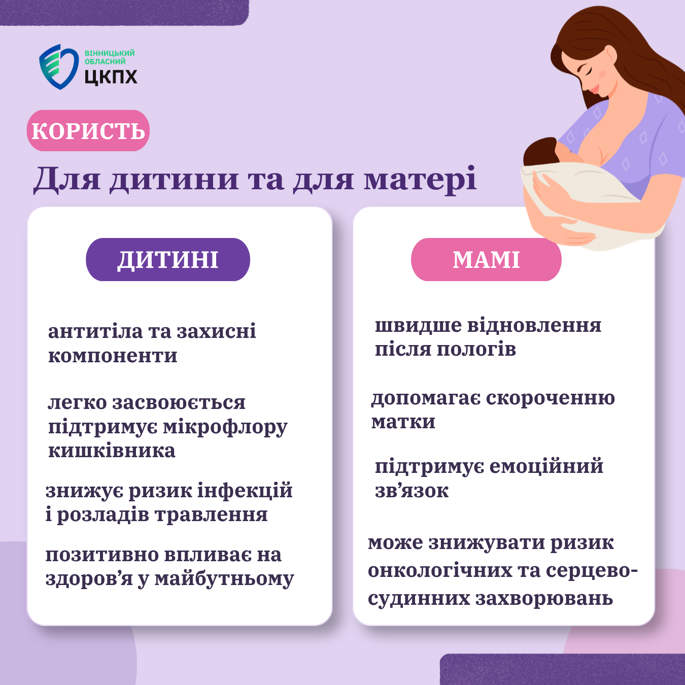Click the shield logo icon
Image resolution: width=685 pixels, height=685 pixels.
[x=59, y=66]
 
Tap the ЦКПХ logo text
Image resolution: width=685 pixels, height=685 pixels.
[x=111, y=77]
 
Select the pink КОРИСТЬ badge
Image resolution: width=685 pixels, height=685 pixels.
[x=88, y=130]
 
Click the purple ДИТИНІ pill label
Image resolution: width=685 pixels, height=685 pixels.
[x=168, y=259]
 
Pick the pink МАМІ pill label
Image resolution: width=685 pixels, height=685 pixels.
[x=486, y=259]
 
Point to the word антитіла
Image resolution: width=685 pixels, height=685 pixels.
[x=94, y=331]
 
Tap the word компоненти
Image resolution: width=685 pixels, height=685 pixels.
[x=113, y=356]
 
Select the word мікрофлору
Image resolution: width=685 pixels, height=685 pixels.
[x=225, y=427]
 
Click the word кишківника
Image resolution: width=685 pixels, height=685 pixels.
[x=112, y=451]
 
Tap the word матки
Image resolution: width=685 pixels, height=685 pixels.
[x=403, y=422]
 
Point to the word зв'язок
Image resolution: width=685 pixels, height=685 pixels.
[x=412, y=491]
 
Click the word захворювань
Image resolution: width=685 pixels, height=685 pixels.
[x=544, y=598]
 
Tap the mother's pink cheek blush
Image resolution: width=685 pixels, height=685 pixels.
[x=602, y=74]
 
